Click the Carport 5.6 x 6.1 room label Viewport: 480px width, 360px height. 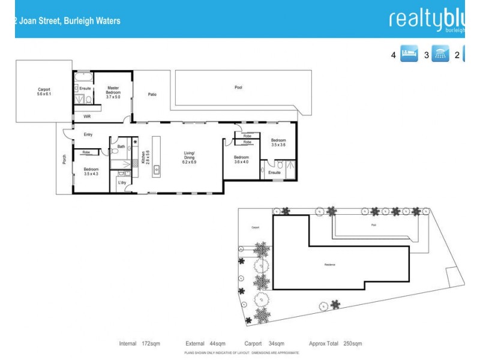click(x=44, y=92)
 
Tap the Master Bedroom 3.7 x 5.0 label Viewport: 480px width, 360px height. click(x=113, y=92)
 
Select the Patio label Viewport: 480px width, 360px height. click(x=152, y=94)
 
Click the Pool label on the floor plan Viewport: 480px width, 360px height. click(x=238, y=88)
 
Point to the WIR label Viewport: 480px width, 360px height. click(x=87, y=116)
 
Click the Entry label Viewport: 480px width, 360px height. click(x=88, y=134)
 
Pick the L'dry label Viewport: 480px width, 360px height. click(x=122, y=182)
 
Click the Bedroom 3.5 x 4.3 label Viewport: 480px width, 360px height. click(x=91, y=172)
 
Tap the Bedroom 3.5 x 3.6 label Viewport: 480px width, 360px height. click(x=278, y=142)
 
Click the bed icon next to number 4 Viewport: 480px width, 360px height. click(x=409, y=55)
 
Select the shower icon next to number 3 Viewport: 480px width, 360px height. click(x=440, y=55)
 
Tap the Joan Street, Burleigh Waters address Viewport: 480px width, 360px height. click(x=67, y=21)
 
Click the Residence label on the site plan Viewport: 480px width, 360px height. click(x=329, y=265)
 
